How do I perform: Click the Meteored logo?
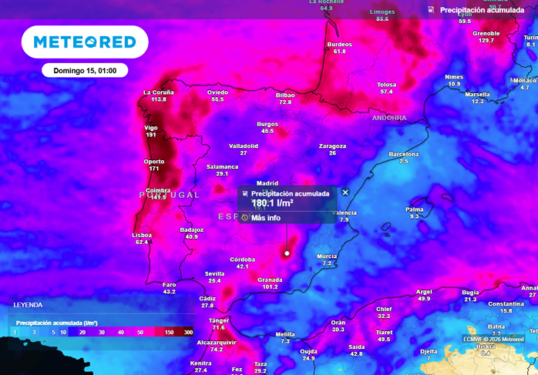tap(85, 42)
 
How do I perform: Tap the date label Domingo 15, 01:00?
tap(85, 70)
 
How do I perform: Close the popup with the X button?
tap(345, 193)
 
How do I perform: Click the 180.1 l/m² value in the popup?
tap(272, 203)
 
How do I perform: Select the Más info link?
tap(266, 218)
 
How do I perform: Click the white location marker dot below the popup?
tap(287, 253)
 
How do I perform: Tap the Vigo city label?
tap(151, 127)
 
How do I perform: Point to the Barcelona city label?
tap(403, 154)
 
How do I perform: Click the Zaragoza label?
tap(332, 146)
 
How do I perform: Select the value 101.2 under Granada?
tap(270, 287)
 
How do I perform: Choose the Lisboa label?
tap(142, 235)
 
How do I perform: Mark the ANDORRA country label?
tap(388, 118)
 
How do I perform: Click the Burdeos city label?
tap(339, 44)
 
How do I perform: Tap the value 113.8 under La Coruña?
tap(159, 99)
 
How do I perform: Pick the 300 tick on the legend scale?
tap(188, 332)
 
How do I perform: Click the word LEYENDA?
tap(28, 305)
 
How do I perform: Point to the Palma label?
tap(415, 209)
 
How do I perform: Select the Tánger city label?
tap(219, 320)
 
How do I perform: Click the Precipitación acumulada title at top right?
tap(482, 10)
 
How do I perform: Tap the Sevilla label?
tap(214, 273)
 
